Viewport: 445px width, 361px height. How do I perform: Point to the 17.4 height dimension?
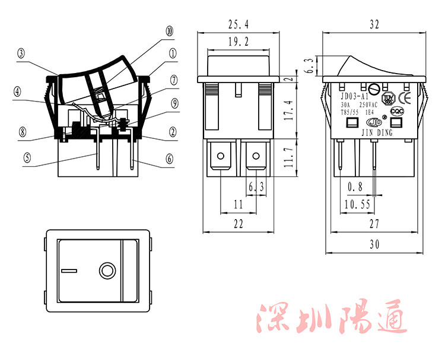(288, 111)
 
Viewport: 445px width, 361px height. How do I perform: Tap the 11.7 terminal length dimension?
(288, 159)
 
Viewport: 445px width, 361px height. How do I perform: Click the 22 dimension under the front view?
(238, 224)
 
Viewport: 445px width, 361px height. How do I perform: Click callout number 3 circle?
(21, 53)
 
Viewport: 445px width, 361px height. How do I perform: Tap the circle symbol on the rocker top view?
(107, 271)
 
